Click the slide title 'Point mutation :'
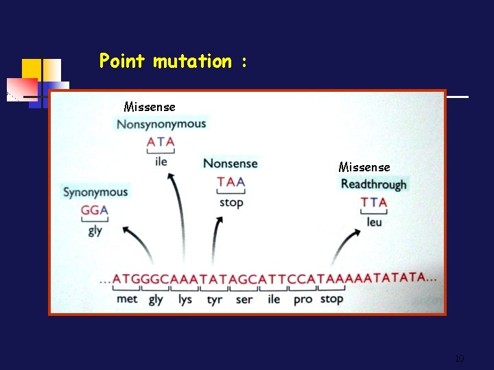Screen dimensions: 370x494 tap(173, 62)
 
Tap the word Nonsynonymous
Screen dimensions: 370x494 tap(161, 124)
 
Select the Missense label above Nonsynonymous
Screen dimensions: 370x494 tap(150, 107)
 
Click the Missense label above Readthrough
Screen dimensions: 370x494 tap(364, 167)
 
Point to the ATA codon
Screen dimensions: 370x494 tap(161, 143)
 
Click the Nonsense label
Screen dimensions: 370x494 tap(231, 164)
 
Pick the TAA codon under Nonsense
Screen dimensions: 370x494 tap(231, 182)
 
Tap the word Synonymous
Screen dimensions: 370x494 tap(95, 192)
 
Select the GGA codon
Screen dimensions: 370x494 tap(95, 210)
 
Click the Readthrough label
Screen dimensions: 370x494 tap(374, 184)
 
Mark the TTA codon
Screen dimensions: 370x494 tap(374, 202)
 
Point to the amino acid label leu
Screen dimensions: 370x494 tap(374, 222)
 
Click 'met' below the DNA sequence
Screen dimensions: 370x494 tap(127, 299)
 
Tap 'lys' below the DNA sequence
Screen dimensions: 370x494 tap(185, 299)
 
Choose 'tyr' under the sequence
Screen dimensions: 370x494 tap(215, 299)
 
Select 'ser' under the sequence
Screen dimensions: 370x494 tap(244, 299)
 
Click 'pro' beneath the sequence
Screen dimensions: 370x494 tap(303, 299)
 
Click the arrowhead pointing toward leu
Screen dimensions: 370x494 tap(355, 234)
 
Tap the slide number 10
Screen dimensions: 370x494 tap(460, 358)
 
